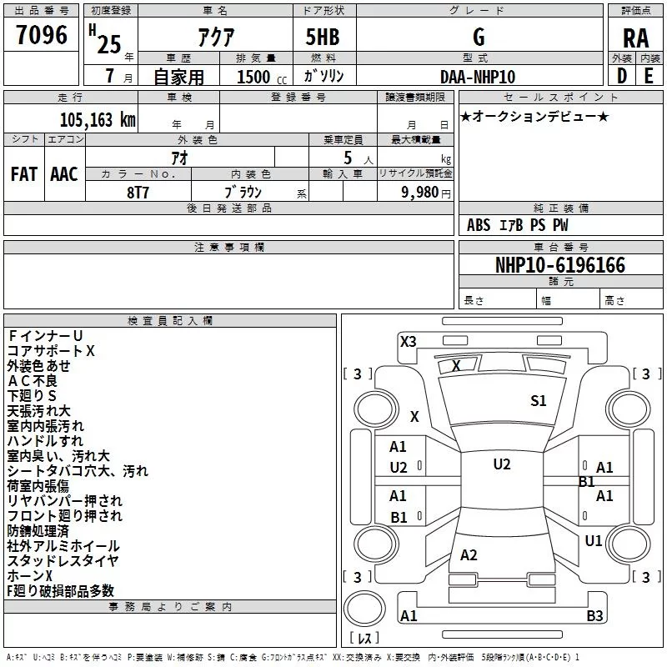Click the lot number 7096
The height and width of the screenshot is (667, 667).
(x=42, y=35)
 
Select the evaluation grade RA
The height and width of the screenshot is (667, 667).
(x=635, y=38)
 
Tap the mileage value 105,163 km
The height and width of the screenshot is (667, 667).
(x=98, y=120)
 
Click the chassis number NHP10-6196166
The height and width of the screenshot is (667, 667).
(x=560, y=265)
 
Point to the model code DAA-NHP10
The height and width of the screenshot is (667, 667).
(x=478, y=77)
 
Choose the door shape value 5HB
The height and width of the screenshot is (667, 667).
(x=323, y=37)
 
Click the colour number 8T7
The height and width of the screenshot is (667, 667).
(x=138, y=193)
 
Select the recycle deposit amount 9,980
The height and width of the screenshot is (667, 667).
(x=420, y=193)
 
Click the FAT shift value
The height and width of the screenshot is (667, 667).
(x=24, y=174)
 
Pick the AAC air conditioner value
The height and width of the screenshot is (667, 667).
(x=64, y=174)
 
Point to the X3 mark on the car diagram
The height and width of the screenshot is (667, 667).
(x=408, y=342)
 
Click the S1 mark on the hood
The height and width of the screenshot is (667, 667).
(x=538, y=401)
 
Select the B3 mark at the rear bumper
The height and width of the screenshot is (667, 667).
(x=594, y=615)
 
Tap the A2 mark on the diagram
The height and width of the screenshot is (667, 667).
(x=469, y=555)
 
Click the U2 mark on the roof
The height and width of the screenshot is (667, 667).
(x=502, y=464)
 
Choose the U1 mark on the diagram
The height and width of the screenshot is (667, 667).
(x=594, y=541)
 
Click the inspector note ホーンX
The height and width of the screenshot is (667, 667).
(x=29, y=575)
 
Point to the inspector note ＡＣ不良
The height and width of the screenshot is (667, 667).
(x=32, y=381)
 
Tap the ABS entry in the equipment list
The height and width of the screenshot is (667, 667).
(x=479, y=225)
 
